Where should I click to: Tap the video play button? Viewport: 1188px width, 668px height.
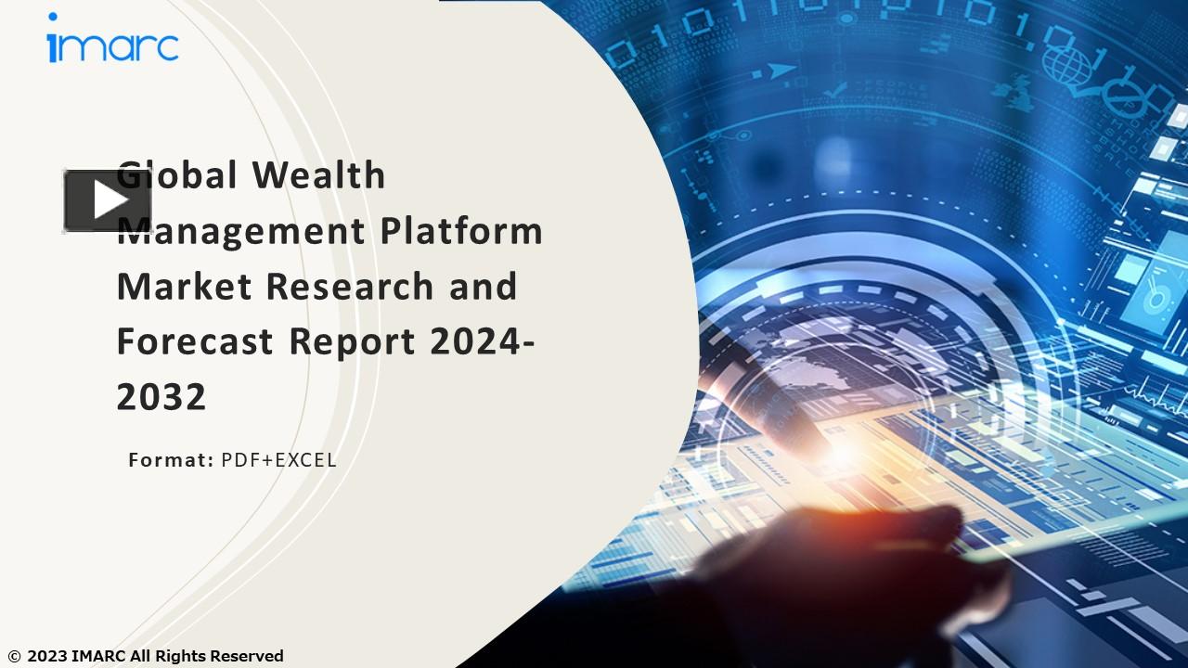point(108,200)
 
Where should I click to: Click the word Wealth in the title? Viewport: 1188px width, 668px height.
point(318,175)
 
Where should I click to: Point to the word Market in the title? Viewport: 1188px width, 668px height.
point(185,287)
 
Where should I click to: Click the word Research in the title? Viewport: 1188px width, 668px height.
point(350,287)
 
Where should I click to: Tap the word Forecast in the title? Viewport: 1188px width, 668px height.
point(195,342)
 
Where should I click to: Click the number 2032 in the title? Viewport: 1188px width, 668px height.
point(161,398)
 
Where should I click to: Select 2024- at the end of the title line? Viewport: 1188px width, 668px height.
point(482,342)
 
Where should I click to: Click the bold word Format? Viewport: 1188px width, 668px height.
point(171,460)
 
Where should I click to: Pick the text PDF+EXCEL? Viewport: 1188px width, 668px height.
point(278,460)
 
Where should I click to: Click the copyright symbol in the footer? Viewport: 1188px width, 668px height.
point(13,657)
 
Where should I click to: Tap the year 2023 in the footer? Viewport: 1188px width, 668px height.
point(46,657)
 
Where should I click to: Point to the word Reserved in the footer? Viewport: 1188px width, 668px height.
point(246,657)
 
